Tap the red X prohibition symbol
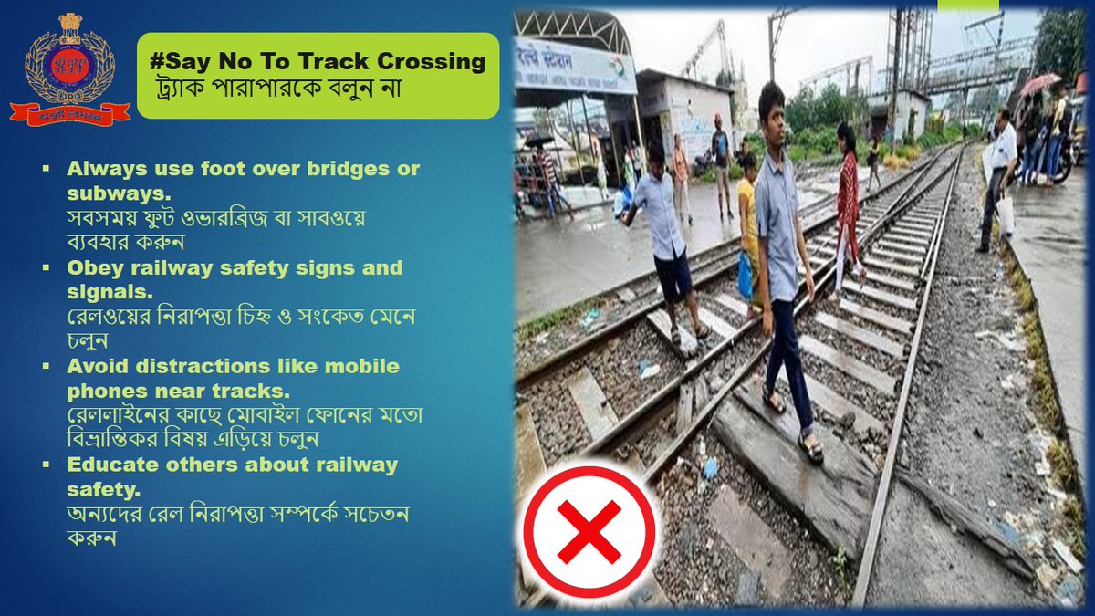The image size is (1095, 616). pos(589,532)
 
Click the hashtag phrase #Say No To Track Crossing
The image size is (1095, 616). pos(318,62)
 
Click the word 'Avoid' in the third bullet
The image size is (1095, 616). pos(96,366)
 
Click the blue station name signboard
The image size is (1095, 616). pos(575,64)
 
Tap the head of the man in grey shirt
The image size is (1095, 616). pos(771,102)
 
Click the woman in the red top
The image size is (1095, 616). pos(847,201)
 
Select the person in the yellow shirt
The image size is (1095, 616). pos(747,219)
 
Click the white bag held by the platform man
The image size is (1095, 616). pos(1005,215)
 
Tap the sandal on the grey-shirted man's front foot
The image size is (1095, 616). pos(809,446)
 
